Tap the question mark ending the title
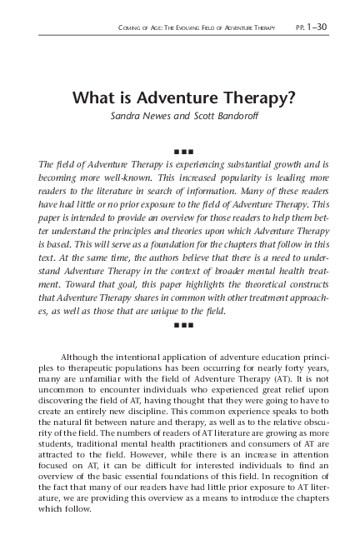point(292,97)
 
